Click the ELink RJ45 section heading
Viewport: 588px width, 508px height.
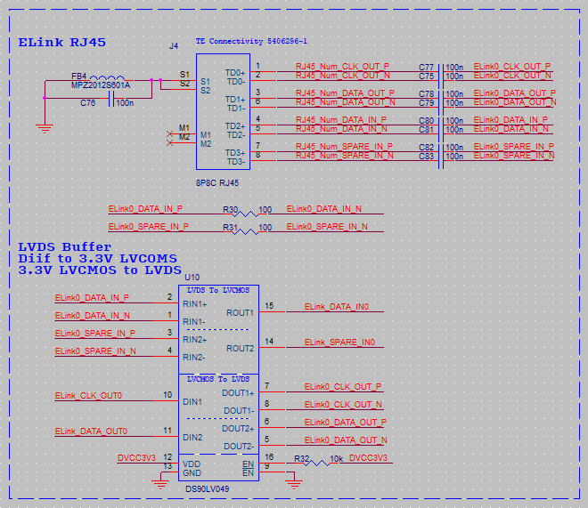pyautogui.click(x=57, y=43)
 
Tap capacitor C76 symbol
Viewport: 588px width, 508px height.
pyautogui.click(x=111, y=102)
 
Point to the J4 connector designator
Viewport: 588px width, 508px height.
pyautogui.click(x=174, y=45)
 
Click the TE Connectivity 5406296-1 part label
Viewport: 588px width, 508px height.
pyautogui.click(x=251, y=42)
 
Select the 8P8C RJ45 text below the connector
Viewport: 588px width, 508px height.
pyautogui.click(x=217, y=182)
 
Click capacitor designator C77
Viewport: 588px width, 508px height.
pyautogui.click(x=426, y=68)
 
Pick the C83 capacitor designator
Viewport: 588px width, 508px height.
pyautogui.click(x=426, y=157)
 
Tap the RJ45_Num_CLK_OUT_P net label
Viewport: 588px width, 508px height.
pyautogui.click(x=343, y=67)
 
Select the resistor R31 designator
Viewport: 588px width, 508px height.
pyautogui.click(x=230, y=227)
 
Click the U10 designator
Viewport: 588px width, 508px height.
pyautogui.click(x=191, y=278)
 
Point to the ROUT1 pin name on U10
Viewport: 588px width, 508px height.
pyautogui.click(x=240, y=313)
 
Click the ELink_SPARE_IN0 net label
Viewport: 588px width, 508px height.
pyautogui.click(x=339, y=343)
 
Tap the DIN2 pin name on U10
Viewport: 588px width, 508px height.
pyautogui.click(x=192, y=438)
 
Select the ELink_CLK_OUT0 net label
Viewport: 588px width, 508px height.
pyautogui.click(x=88, y=396)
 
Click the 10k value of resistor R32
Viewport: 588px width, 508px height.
pyautogui.click(x=336, y=459)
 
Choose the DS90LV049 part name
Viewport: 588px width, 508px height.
pyautogui.click(x=208, y=489)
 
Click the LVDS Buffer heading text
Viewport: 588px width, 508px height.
pyautogui.click(x=65, y=246)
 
